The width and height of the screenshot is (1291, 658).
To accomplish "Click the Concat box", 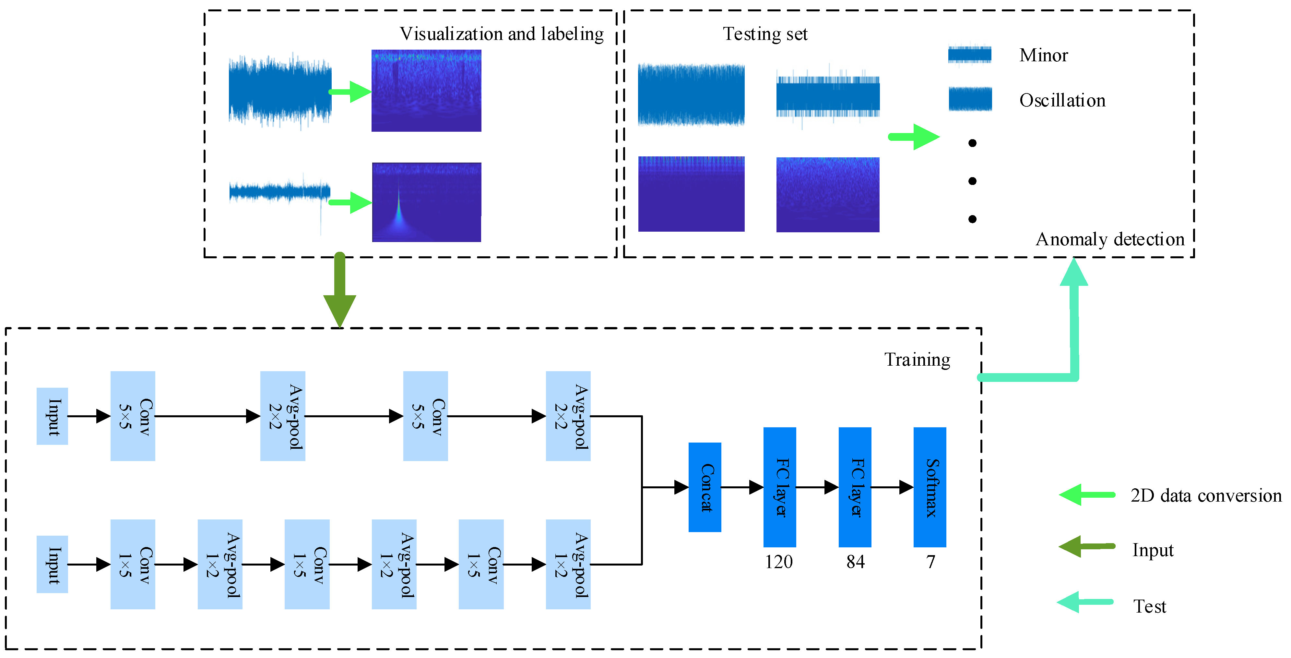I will [704, 487].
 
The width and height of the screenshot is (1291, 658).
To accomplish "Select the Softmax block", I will [929, 487].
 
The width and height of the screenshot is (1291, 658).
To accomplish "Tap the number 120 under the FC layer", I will [778, 562].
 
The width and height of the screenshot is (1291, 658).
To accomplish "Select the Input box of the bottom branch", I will [52, 564].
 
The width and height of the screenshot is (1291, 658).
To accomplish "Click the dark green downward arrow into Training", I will [339, 291].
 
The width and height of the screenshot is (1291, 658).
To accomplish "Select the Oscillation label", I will [1062, 100].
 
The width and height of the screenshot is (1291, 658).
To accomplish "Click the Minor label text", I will [1043, 55].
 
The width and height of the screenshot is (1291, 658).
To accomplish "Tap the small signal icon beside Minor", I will [969, 55].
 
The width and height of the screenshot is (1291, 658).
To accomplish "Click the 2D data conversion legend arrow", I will [1086, 495].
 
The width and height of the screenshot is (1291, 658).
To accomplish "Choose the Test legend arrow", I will [1085, 602].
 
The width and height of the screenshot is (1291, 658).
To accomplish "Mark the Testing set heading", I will [765, 34].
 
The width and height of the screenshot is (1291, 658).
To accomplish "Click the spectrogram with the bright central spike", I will [426, 202].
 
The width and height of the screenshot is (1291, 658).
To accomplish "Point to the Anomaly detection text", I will [1109, 239].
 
